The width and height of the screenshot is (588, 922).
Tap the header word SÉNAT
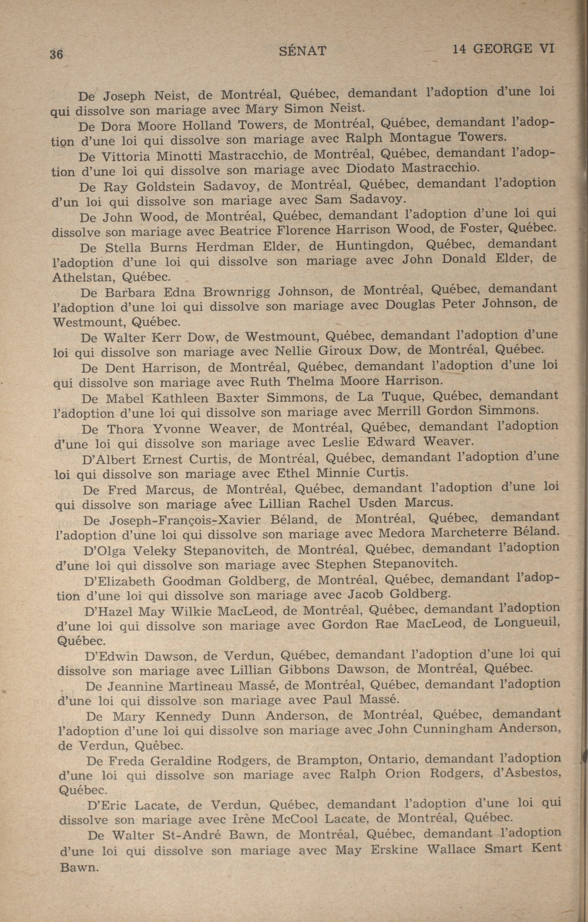pyautogui.click(x=303, y=51)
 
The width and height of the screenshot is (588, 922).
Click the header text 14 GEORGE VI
pyautogui.click(x=503, y=49)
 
